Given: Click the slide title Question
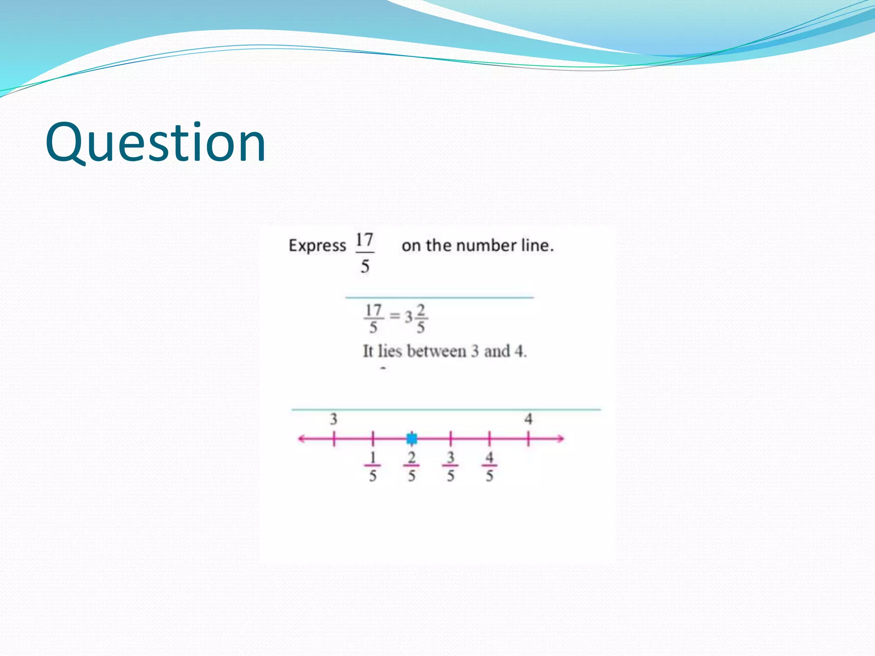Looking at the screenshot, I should click(156, 143).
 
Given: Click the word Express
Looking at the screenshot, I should click(317, 246).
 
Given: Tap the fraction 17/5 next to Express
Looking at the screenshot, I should click(364, 253).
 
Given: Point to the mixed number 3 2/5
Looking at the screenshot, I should click(416, 318).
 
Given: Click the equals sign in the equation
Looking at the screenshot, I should click(395, 316).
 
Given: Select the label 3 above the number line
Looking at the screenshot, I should click(333, 419).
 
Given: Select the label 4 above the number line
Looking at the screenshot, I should click(529, 419).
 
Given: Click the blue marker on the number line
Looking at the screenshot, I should click(412, 439).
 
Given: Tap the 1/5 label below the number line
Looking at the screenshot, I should click(373, 466).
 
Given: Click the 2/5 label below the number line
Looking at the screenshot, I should click(411, 466).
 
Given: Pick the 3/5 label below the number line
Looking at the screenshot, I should click(451, 466).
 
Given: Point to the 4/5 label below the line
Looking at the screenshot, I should click(490, 466).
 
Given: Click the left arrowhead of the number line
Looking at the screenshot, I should click(302, 439).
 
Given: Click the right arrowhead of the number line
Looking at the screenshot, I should click(560, 439).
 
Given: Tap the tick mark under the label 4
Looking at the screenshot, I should click(529, 439).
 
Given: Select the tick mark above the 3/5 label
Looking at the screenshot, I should click(451, 439).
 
